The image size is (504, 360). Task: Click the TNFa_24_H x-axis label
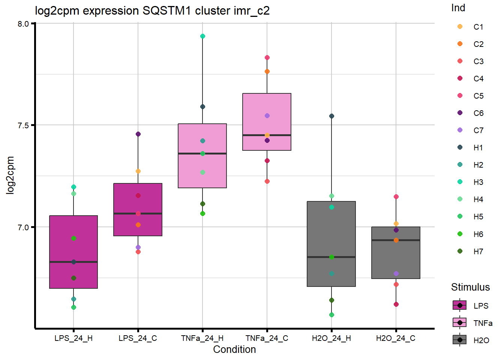point(202,338)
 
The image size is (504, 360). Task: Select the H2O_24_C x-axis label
point(396,338)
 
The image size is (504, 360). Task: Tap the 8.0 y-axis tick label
point(23,24)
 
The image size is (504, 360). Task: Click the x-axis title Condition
point(234,349)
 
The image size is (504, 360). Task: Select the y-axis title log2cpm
point(10,175)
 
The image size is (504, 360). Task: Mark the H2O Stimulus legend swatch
point(460,340)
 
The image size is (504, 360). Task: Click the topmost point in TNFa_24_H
point(202,36)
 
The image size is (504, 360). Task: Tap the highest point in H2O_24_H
point(331,116)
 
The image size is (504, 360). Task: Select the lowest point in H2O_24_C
point(396,304)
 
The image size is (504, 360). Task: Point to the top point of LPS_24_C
point(138,134)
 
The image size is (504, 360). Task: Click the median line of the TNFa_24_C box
point(267,135)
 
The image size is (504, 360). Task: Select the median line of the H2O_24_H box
point(331,257)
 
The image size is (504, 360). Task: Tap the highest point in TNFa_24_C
point(267,58)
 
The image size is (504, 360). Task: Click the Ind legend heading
point(458,8)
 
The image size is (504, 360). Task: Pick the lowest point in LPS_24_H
point(73,307)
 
